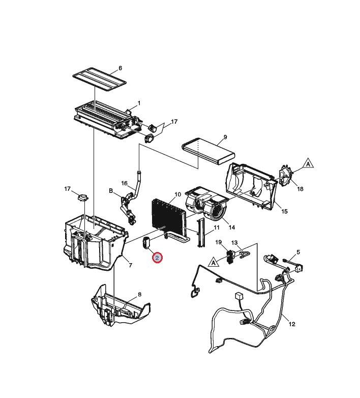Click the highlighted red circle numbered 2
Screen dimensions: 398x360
coord(158,258)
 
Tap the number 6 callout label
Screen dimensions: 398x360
coord(121,68)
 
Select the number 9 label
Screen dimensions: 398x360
coord(225,137)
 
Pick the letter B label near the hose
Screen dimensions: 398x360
coord(110,191)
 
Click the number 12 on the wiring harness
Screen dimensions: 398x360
coord(292,323)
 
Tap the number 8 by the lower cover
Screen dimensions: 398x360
coord(140,295)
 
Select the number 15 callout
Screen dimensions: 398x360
coord(284,212)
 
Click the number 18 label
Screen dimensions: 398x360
coord(300,189)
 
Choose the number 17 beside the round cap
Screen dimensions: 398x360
coord(67,189)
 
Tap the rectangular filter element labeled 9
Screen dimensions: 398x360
coord(209,151)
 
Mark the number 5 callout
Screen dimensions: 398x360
coord(298,252)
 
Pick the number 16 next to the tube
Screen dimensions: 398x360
coord(124,183)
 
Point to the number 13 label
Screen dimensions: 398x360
coord(234,243)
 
